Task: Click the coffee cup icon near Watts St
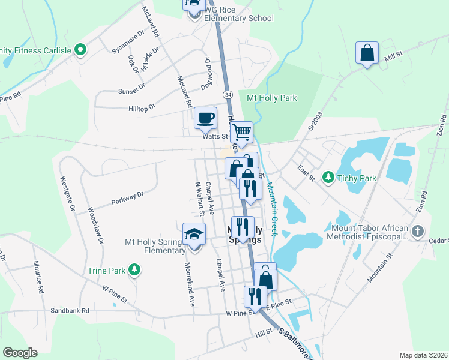pyautogui.click(x=205, y=117)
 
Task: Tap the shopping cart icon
pyautogui.click(x=241, y=131)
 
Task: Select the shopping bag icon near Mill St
pyautogui.click(x=367, y=53)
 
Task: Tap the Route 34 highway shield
pyautogui.click(x=228, y=95)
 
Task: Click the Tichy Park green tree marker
pyautogui.click(x=328, y=177)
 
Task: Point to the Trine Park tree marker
pyautogui.click(x=135, y=271)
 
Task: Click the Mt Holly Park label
pyautogui.click(x=272, y=98)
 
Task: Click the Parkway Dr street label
pyautogui.click(x=128, y=198)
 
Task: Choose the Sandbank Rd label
pyautogui.click(x=70, y=310)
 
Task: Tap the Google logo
pyautogui.click(x=20, y=353)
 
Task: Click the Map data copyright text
pyautogui.click(x=423, y=355)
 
